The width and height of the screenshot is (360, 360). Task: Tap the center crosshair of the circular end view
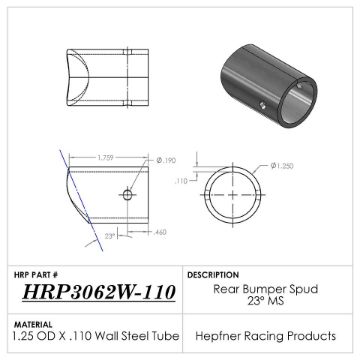[240, 194]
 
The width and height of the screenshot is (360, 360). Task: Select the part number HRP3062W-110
[100, 289]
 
